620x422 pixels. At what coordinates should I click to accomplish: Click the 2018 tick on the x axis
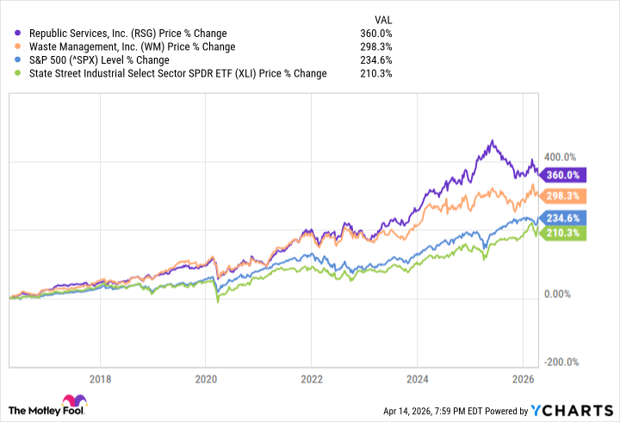101,379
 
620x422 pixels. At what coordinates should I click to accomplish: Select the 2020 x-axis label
206,379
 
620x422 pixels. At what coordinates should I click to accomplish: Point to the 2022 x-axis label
311,379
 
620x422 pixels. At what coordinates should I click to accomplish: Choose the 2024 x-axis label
417,379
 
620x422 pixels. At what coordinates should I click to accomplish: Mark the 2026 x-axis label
522,379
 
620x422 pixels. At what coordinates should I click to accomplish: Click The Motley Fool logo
48,406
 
